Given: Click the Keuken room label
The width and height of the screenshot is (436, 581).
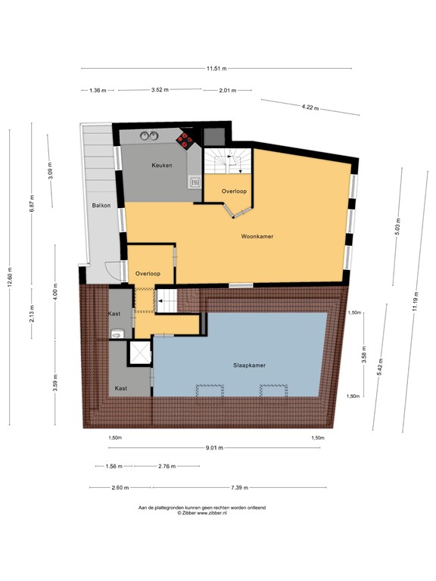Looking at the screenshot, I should [161, 165].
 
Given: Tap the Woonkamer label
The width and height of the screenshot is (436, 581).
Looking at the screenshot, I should [257, 237].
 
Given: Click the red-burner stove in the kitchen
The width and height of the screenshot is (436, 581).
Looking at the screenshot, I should [185, 138].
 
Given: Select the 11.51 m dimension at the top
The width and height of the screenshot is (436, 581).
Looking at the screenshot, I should [216, 69].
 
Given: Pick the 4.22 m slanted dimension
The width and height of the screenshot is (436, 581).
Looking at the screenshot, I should [310, 107].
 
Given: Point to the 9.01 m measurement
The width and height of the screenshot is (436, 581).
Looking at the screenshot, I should [215, 448].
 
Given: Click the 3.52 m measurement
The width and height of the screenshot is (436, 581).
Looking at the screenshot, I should [159, 90].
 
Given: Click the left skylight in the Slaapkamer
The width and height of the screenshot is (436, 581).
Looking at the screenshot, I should [210, 389].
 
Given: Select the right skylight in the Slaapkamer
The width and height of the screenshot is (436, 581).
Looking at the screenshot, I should [273, 389].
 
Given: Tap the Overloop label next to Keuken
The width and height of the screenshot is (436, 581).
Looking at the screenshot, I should [234, 191].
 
